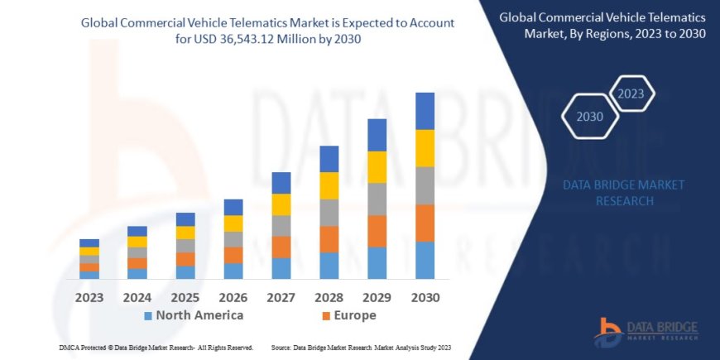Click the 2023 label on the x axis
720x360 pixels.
(89, 296)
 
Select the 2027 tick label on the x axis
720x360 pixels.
(281, 296)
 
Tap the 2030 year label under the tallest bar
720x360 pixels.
(425, 296)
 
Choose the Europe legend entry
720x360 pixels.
(355, 315)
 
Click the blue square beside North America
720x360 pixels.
(148, 316)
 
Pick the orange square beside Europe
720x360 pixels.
(326, 316)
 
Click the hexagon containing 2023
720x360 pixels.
(631, 93)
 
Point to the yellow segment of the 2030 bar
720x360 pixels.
(425, 148)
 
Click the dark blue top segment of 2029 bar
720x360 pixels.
(377, 135)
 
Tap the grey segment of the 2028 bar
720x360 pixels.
(329, 212)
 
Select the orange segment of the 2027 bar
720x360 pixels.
(281, 247)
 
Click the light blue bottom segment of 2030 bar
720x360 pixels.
(425, 260)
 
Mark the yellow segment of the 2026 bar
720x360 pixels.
(233, 223)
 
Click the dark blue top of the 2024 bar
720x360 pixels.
(137, 231)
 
